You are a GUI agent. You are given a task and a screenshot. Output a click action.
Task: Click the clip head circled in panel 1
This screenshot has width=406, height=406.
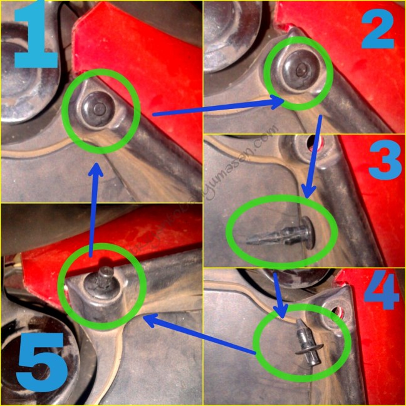point(99,110)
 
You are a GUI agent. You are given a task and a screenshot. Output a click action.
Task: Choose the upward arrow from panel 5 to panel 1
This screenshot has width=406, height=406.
point(93,207)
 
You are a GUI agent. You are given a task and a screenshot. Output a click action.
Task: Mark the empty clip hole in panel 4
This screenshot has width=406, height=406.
point(340,310)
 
